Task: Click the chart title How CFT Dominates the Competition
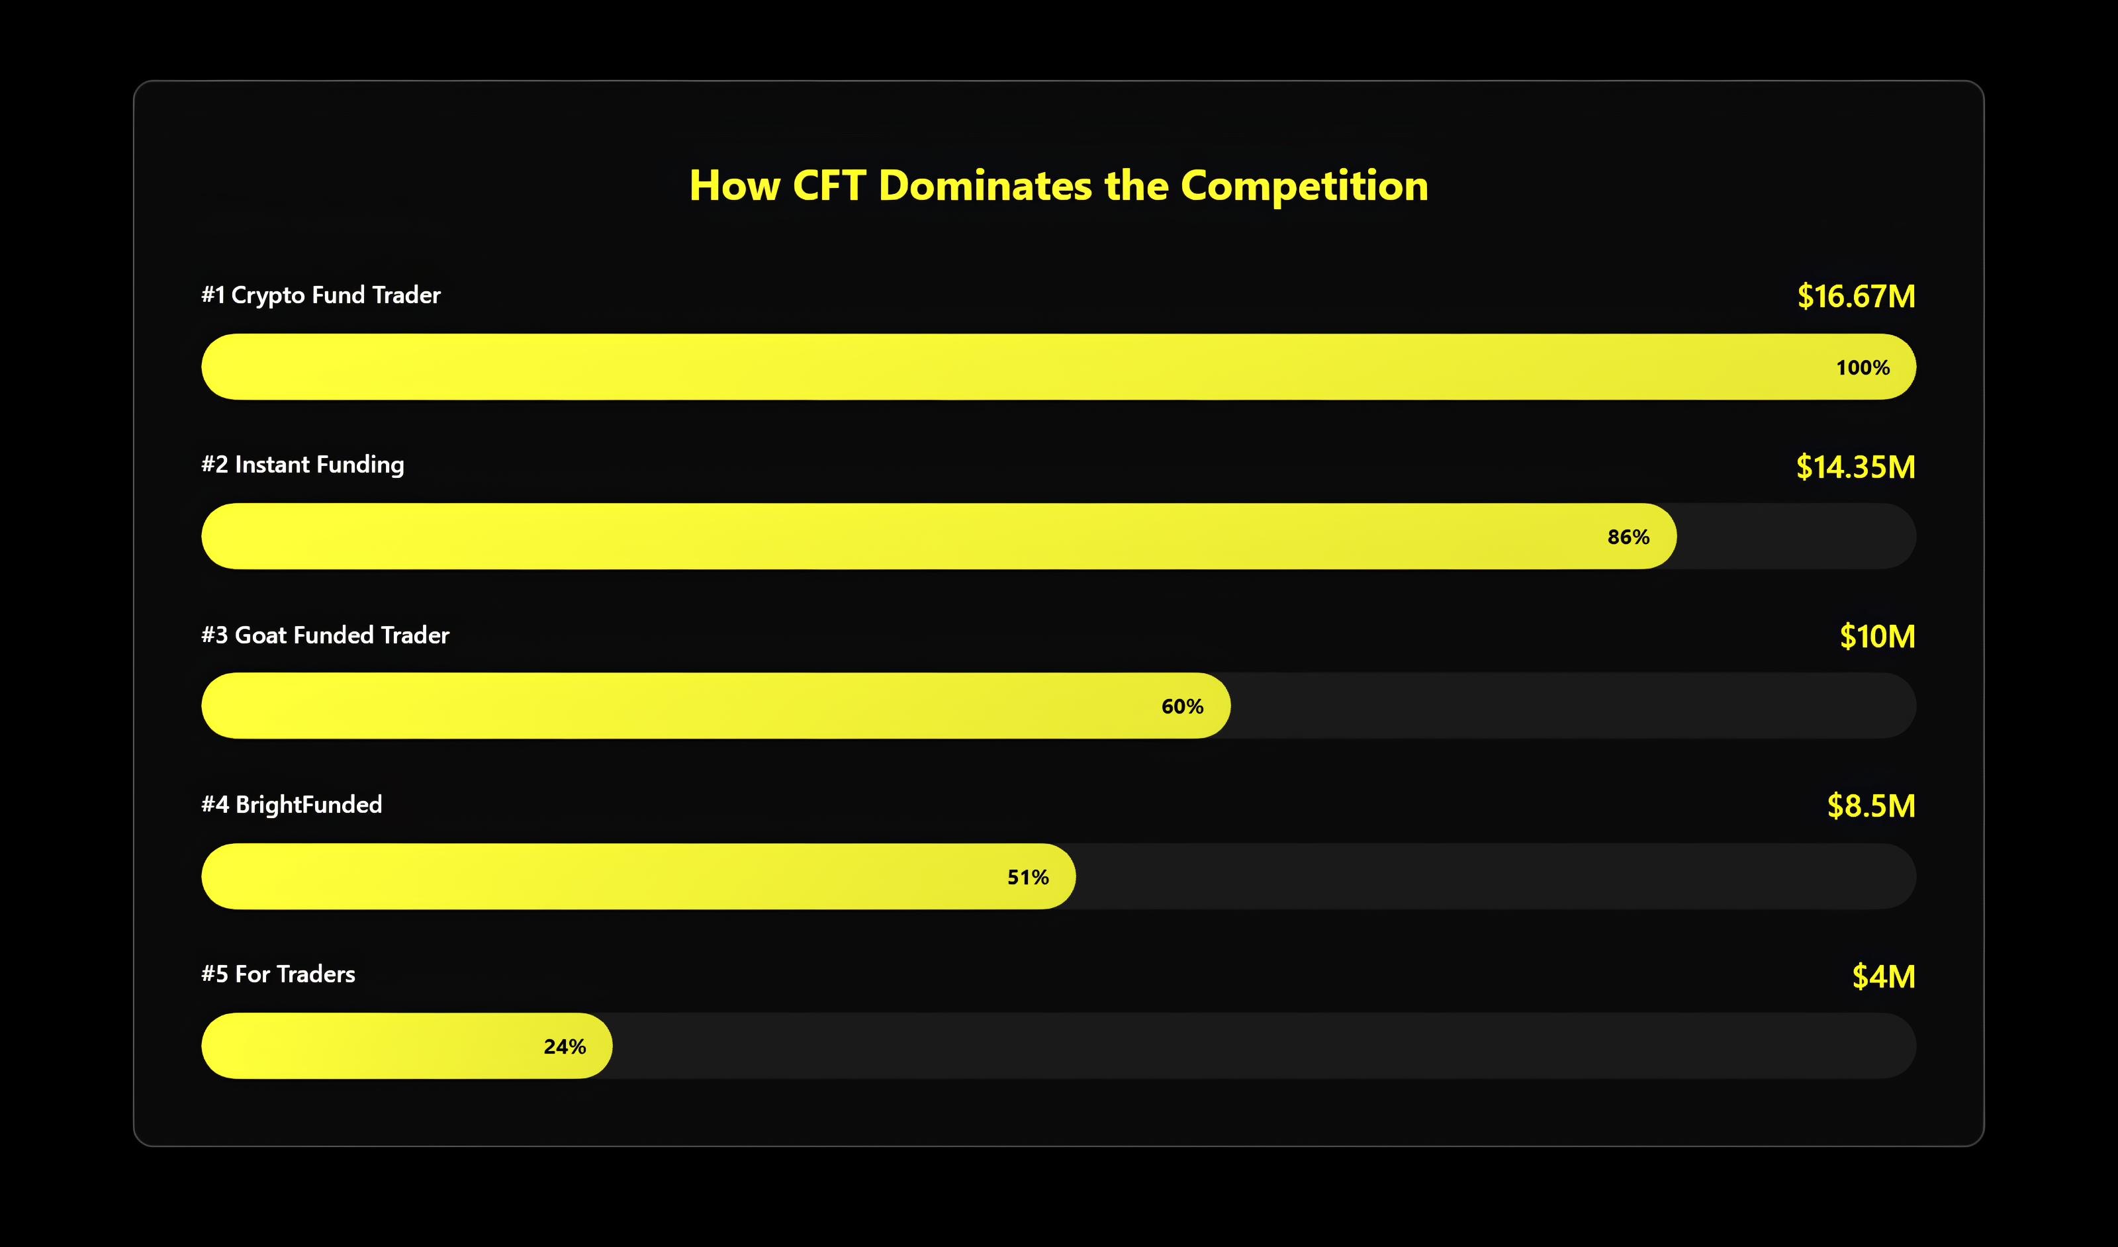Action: point(1058,186)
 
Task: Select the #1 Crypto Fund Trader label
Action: point(320,295)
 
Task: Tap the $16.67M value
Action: point(1856,296)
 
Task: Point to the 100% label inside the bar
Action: point(1863,367)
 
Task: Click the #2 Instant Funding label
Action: point(302,465)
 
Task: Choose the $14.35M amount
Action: point(1855,467)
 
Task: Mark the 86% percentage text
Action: point(1628,537)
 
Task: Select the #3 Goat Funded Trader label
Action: point(325,635)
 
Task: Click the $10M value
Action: point(1877,636)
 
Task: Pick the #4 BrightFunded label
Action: point(292,804)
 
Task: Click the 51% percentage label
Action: point(1028,877)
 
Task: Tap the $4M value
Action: point(1884,976)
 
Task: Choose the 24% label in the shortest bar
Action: point(564,1046)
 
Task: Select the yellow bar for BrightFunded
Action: point(638,876)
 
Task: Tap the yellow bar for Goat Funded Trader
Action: point(715,706)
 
